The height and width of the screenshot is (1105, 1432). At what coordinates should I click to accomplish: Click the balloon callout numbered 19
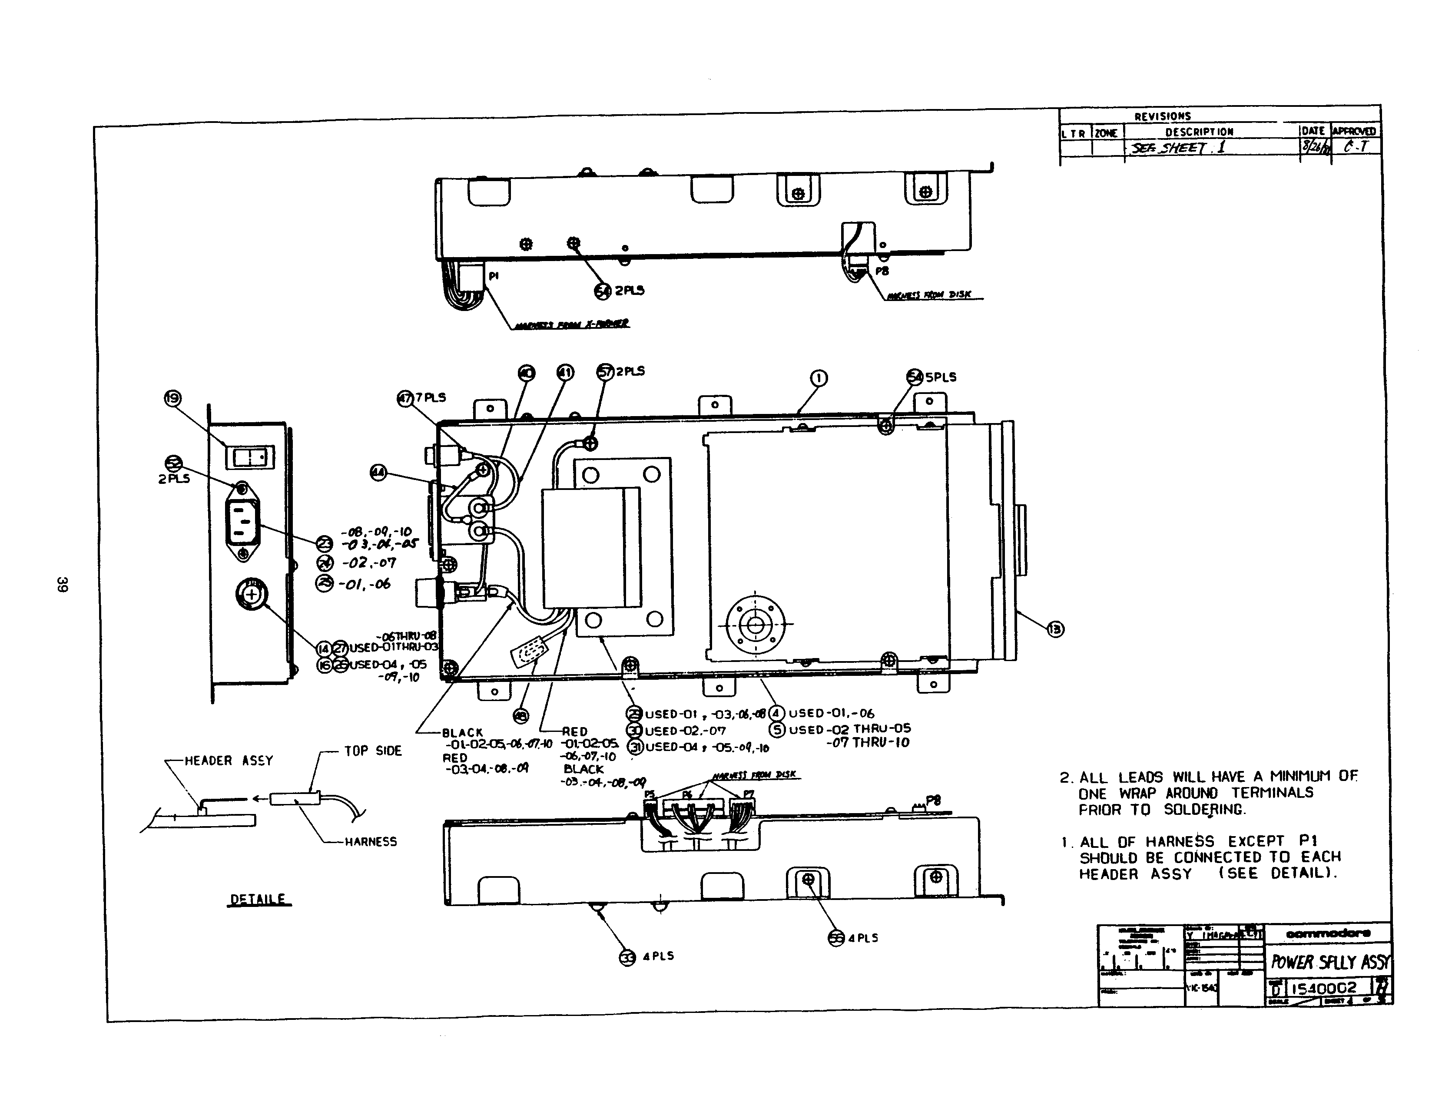[172, 398]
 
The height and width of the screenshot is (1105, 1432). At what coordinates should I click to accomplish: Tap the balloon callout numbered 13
[1055, 629]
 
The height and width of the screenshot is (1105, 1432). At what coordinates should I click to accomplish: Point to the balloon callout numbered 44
[378, 473]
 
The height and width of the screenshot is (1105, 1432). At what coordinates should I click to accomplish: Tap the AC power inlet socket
[242, 522]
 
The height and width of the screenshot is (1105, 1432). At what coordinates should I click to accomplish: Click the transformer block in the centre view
[591, 547]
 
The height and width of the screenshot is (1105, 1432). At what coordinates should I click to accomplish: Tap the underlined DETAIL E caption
[259, 899]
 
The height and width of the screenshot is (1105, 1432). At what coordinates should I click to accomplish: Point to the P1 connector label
[494, 276]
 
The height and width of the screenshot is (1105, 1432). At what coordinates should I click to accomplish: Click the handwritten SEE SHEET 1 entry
[1177, 148]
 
